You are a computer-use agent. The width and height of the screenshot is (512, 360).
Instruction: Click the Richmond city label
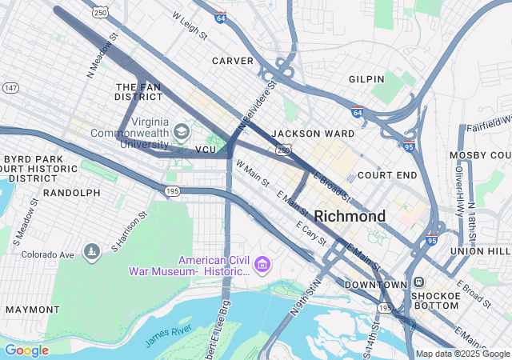(x=350, y=216)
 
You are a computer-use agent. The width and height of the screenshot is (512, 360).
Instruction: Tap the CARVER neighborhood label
(x=232, y=61)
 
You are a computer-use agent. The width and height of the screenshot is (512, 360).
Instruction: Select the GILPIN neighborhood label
(x=367, y=79)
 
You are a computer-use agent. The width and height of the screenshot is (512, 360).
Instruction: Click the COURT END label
(x=387, y=174)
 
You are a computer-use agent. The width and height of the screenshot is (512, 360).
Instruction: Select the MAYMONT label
(x=32, y=309)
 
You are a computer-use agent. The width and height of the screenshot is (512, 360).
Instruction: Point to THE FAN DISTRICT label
(x=138, y=91)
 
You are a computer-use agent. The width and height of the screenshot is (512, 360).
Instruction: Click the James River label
(x=170, y=335)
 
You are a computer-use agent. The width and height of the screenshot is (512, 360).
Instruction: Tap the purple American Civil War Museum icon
(x=261, y=265)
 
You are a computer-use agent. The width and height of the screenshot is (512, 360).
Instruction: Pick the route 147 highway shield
(x=10, y=87)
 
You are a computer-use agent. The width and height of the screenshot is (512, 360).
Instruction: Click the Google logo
(x=26, y=350)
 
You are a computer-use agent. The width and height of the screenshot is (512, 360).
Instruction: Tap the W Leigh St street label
(x=189, y=26)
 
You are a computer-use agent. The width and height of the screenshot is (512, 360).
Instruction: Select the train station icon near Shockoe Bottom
(x=418, y=282)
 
